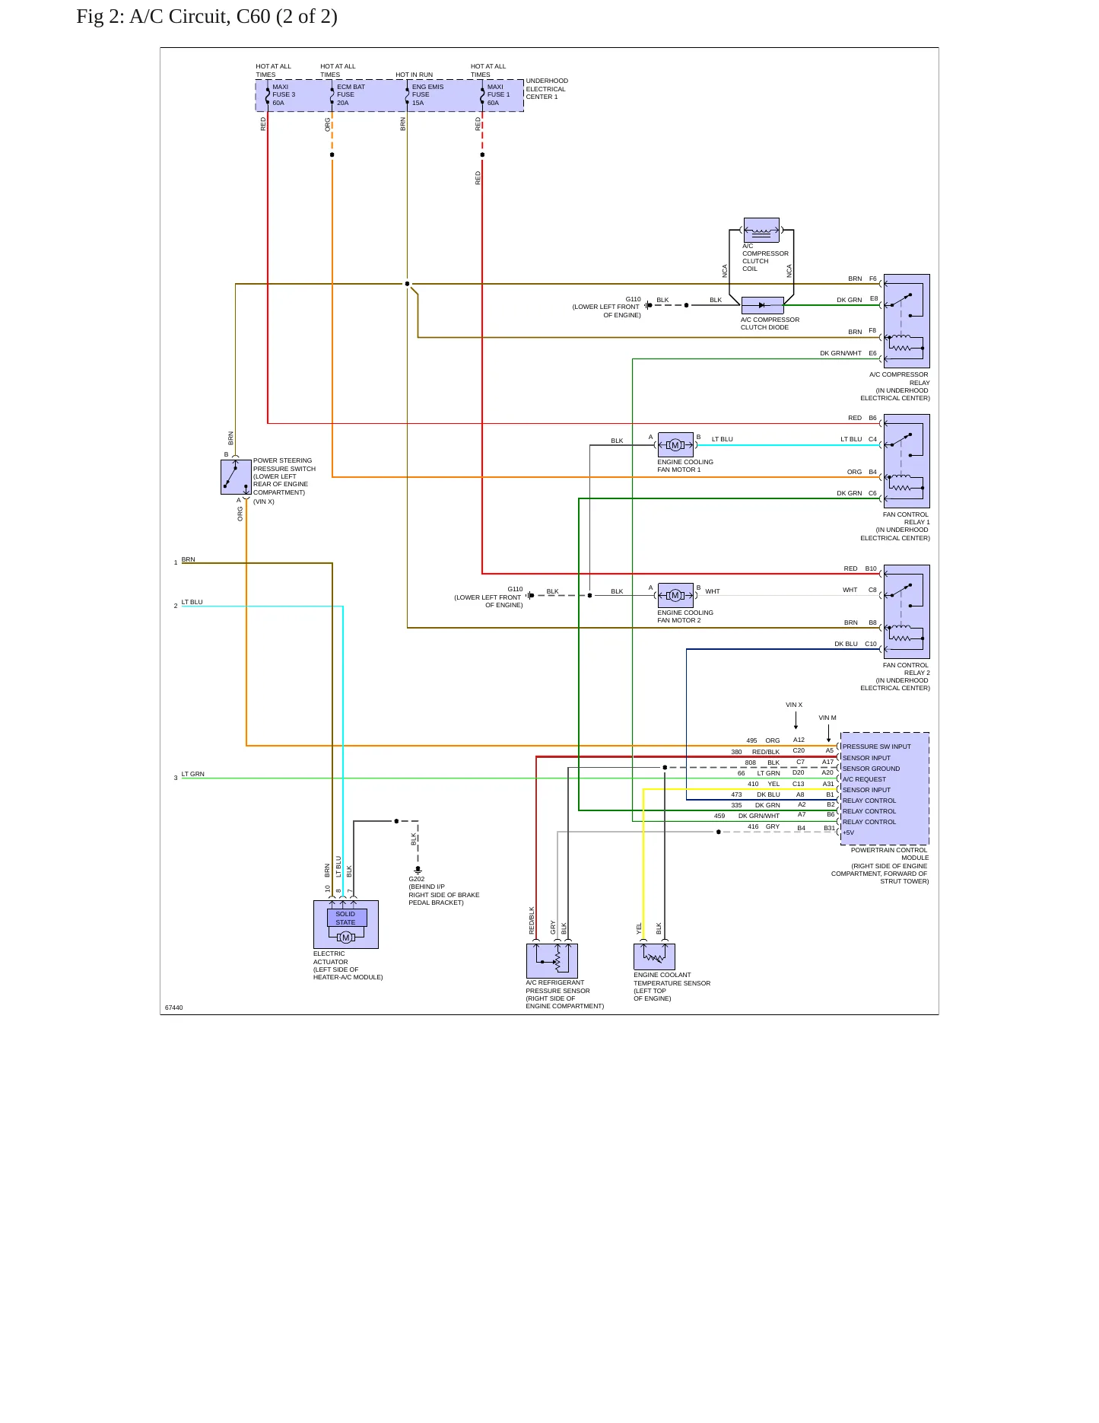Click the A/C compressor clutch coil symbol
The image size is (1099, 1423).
[x=761, y=230]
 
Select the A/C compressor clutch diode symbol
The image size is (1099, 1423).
[x=762, y=305]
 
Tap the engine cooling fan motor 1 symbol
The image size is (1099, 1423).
[x=675, y=445]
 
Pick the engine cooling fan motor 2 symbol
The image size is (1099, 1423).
[x=675, y=595]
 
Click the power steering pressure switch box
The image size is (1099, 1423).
[x=236, y=477]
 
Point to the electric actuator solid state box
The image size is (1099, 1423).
[x=346, y=925]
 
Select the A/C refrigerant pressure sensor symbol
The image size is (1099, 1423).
[x=552, y=961]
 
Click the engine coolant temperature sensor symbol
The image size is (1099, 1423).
[x=654, y=957]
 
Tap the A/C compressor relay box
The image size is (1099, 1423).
[x=907, y=321]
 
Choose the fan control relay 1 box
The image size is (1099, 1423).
[x=907, y=461]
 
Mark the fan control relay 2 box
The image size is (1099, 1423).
[x=907, y=612]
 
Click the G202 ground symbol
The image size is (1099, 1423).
[x=418, y=869]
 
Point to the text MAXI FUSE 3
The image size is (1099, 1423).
[x=284, y=91]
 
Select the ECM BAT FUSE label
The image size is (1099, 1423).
[x=351, y=91]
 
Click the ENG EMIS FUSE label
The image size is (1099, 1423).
[x=427, y=91]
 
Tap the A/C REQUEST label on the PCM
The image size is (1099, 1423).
[x=864, y=779]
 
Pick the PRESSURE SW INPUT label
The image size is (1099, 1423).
[x=876, y=747]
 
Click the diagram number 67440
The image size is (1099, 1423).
[x=174, y=1008]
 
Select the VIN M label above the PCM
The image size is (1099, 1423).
[x=827, y=718]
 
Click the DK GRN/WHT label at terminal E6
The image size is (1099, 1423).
[x=840, y=353]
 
